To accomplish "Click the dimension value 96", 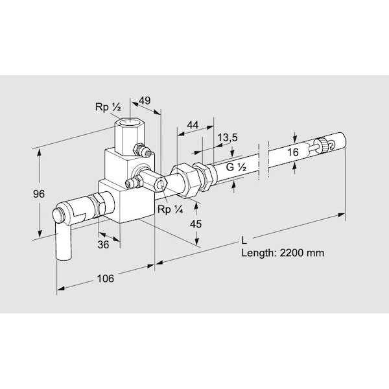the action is [39, 193].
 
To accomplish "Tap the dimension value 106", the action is [106, 278].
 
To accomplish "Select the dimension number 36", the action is [103, 244].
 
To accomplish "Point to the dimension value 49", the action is [145, 100].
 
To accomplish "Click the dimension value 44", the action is [193, 124].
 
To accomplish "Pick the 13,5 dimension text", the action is [228, 137].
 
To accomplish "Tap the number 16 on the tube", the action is [293, 152].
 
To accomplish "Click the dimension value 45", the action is [196, 224].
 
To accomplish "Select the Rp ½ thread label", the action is [108, 107].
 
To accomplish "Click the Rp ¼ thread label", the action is [170, 209].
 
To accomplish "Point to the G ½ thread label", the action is [236, 167].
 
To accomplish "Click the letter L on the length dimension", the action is [244, 241].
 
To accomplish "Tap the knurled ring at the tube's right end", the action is [324, 144].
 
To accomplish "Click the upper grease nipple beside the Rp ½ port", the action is [142, 150].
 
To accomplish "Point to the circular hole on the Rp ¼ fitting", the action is [161, 185].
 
